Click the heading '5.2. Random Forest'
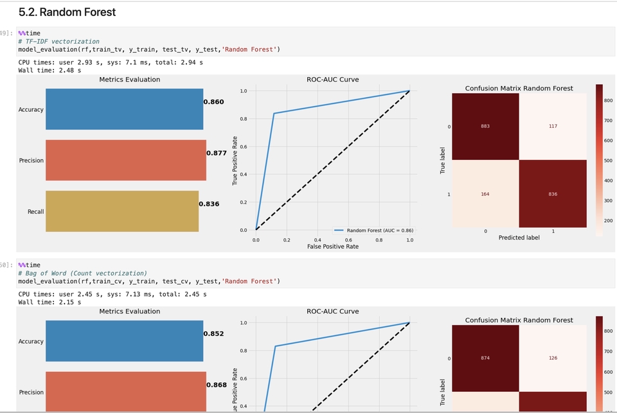point(67,12)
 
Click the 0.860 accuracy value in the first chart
point(213,102)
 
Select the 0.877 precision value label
point(217,154)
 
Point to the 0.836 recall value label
point(209,204)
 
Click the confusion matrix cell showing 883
point(485,127)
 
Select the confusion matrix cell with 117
point(553,127)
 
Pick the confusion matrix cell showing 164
point(485,194)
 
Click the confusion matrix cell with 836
point(553,194)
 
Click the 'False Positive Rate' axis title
point(332,247)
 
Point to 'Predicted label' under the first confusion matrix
point(519,238)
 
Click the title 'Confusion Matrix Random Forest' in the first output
point(519,88)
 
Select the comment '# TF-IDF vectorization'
point(58,41)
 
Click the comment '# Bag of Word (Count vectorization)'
point(82,273)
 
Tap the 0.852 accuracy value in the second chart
point(213,334)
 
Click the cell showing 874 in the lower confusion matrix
point(485,358)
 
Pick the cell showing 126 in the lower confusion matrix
point(553,358)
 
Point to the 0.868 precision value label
point(217,385)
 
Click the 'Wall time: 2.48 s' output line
point(49,70)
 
